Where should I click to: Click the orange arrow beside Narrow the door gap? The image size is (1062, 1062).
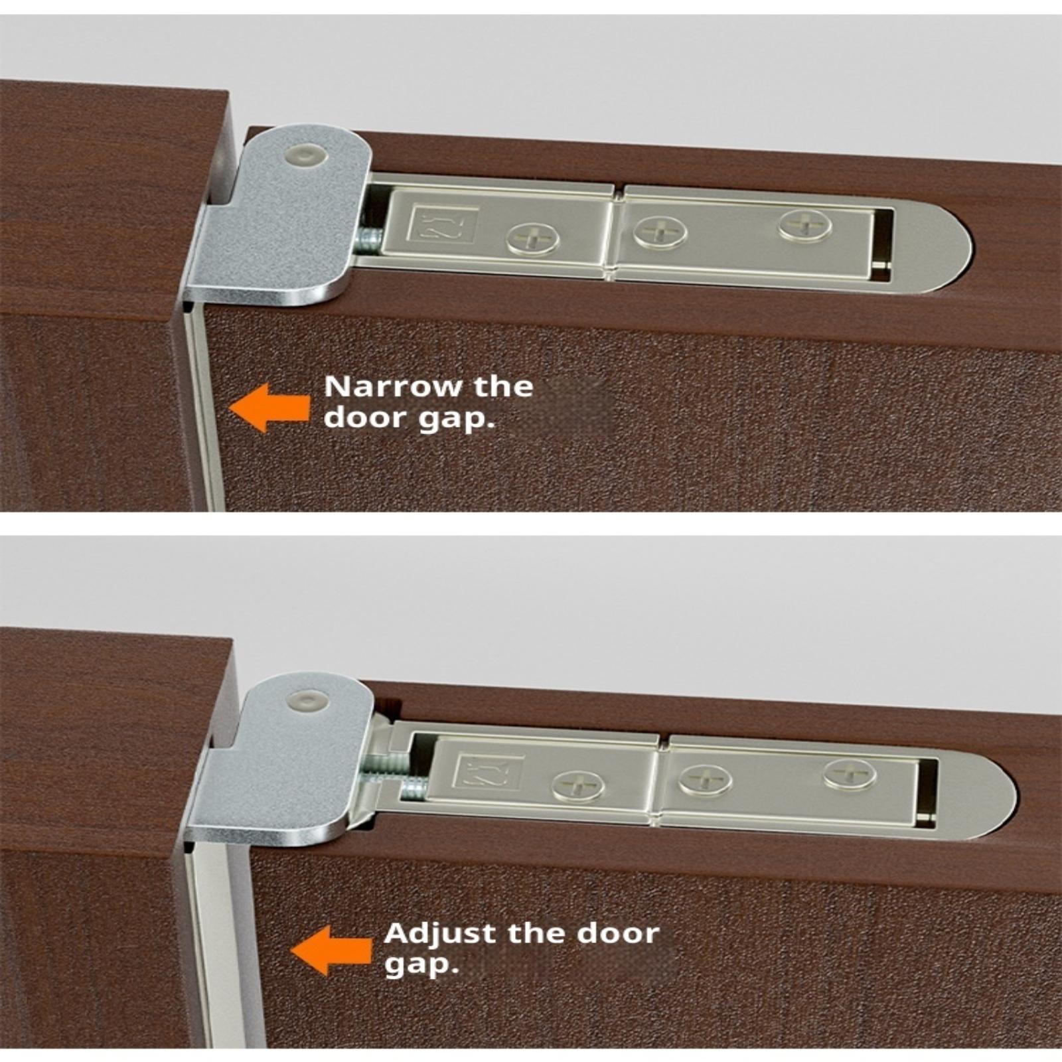tap(269, 408)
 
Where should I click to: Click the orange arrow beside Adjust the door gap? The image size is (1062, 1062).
tap(331, 951)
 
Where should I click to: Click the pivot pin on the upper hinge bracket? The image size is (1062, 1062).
tap(305, 157)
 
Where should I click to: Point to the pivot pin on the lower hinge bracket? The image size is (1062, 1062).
tap(309, 701)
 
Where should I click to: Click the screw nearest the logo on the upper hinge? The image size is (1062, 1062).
tap(532, 239)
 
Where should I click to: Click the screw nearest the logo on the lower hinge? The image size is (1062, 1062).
tap(579, 787)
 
